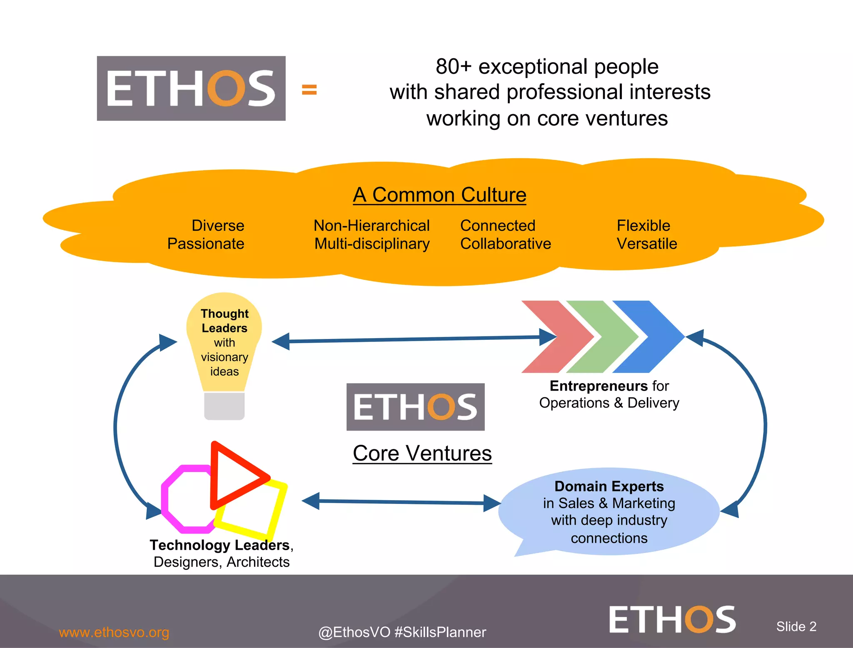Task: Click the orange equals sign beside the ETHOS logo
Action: [x=309, y=90]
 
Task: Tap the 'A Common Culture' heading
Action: [x=439, y=195]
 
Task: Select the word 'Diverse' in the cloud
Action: [x=218, y=226]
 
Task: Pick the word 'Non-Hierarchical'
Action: [x=372, y=226]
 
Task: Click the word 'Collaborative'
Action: [x=505, y=244]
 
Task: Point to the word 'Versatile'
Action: [x=647, y=244]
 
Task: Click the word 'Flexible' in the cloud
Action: [x=643, y=226]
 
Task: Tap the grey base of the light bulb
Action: [x=224, y=406]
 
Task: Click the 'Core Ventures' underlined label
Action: [x=422, y=453]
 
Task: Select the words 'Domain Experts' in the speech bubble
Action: [x=609, y=486]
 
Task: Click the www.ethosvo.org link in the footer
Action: [x=114, y=632]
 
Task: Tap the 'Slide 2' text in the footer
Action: [x=796, y=626]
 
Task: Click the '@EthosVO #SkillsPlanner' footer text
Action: [x=402, y=632]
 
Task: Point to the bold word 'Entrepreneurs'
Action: [x=599, y=386]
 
